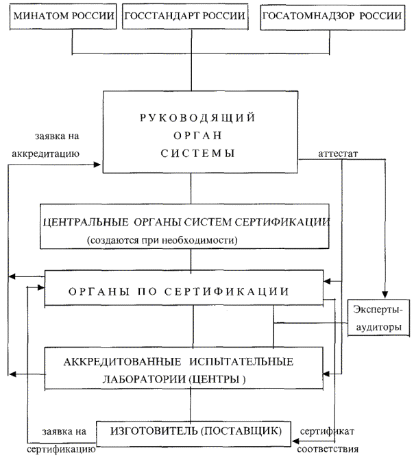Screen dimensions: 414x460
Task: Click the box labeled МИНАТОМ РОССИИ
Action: click(63, 16)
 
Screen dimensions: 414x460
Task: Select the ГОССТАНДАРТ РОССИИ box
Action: click(185, 16)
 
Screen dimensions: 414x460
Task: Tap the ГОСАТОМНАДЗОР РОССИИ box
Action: click(332, 17)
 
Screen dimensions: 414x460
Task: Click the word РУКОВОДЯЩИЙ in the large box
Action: click(197, 118)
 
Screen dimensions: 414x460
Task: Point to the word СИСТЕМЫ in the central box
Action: click(197, 153)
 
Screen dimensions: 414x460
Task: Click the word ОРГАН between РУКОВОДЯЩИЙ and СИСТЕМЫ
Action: click(197, 136)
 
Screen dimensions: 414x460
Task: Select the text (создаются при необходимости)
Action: click(162, 240)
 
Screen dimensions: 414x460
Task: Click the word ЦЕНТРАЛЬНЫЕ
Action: click(86, 222)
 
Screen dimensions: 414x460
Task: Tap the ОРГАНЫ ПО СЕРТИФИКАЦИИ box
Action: click(184, 288)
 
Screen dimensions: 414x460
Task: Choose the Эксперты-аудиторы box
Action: click(378, 317)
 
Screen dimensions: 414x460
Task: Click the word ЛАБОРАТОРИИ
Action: click(144, 379)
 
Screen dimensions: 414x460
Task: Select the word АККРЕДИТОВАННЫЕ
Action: click(122, 362)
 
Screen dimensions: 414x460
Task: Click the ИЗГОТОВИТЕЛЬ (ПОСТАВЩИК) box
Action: click(194, 434)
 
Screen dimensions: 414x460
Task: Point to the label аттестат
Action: click(338, 154)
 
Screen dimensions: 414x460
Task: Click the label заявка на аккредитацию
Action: click(46, 145)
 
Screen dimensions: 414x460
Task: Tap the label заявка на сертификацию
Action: click(61, 440)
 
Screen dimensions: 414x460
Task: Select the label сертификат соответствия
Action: click(328, 440)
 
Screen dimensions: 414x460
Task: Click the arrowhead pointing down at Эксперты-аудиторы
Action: click(385, 295)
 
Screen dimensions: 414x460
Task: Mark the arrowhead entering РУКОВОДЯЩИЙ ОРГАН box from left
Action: click(97, 165)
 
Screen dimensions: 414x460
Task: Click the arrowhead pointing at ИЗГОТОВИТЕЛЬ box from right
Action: click(295, 441)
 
